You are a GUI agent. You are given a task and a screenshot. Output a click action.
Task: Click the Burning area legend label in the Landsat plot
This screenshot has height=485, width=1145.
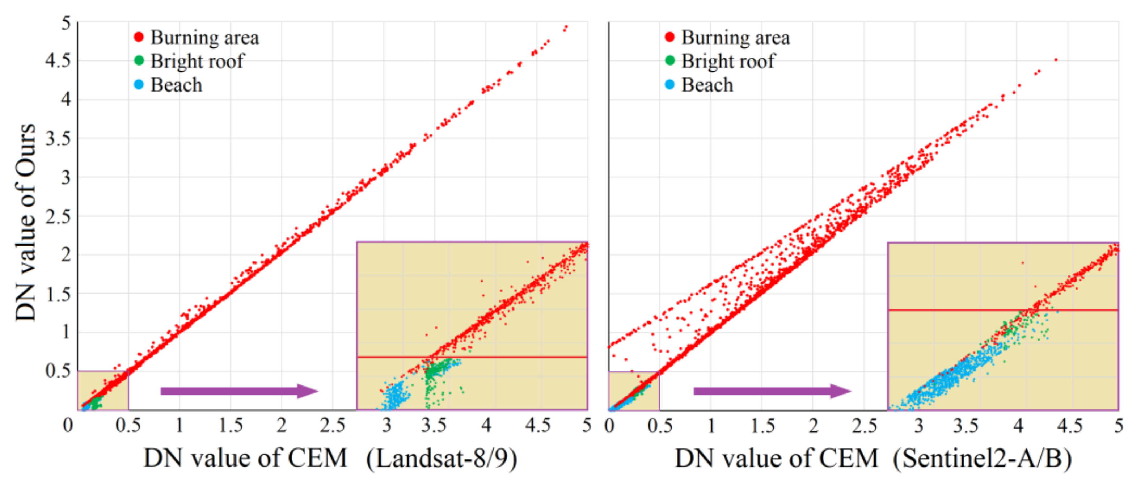pyautogui.click(x=204, y=37)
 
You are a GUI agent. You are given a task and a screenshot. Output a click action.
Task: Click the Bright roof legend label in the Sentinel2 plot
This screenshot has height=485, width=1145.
pyautogui.click(x=728, y=61)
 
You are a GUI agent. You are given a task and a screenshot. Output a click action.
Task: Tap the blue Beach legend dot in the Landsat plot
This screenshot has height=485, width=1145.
pyautogui.click(x=139, y=84)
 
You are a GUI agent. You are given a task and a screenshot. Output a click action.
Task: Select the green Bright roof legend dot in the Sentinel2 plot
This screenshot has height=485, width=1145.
pyautogui.click(x=669, y=60)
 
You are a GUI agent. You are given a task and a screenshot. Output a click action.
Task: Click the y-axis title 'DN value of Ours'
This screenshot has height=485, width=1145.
pyautogui.click(x=25, y=222)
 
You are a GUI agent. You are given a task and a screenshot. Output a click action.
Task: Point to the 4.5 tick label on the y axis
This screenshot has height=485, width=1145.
pyautogui.click(x=58, y=60)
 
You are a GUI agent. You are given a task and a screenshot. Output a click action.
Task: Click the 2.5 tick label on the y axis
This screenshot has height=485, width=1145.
pyautogui.click(x=58, y=216)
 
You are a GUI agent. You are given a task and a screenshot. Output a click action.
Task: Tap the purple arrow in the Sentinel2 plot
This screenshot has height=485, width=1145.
pyautogui.click(x=772, y=391)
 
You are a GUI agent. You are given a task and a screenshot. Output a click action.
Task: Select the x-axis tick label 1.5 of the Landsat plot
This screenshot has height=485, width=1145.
pyautogui.click(x=230, y=425)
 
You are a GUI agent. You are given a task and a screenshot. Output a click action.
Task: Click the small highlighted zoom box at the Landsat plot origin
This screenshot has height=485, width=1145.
pyautogui.click(x=103, y=390)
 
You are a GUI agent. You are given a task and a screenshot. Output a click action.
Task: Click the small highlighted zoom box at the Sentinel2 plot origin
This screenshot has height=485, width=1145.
pyautogui.click(x=634, y=390)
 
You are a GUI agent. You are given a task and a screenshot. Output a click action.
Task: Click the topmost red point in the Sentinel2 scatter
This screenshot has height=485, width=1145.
pyautogui.click(x=1056, y=59)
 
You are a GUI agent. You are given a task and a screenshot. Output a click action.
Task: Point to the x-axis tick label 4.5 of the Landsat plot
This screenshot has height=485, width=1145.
pyautogui.click(x=538, y=425)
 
